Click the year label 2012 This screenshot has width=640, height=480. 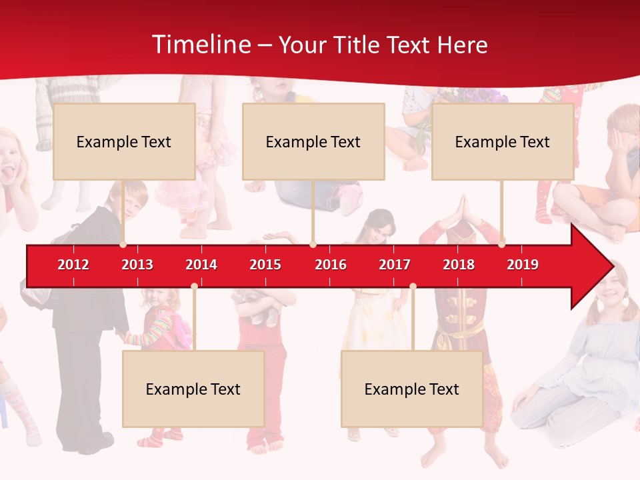pos(73,265)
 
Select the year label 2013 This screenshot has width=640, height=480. pos(137,265)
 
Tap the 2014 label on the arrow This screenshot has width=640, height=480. pos(201,265)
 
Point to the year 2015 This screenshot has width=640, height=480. pos(265,265)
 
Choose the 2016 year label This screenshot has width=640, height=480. pos(331,265)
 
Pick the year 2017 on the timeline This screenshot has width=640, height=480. pos(395,265)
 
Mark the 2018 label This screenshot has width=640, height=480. pos(459,265)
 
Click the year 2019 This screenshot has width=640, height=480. pos(523,265)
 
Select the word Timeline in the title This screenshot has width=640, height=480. pos(201,45)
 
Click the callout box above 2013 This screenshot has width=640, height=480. pos(124,141)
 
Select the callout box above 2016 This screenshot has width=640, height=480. pos(313,141)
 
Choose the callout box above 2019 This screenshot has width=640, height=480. pos(503,141)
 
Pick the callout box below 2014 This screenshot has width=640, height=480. pos(193,389)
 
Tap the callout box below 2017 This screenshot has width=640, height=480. pos(412,389)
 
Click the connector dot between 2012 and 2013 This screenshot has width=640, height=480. pos(123,245)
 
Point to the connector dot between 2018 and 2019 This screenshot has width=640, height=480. pos(502,245)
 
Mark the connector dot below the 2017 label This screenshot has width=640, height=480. pos(413,287)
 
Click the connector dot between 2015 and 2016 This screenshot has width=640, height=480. pos(313,245)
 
